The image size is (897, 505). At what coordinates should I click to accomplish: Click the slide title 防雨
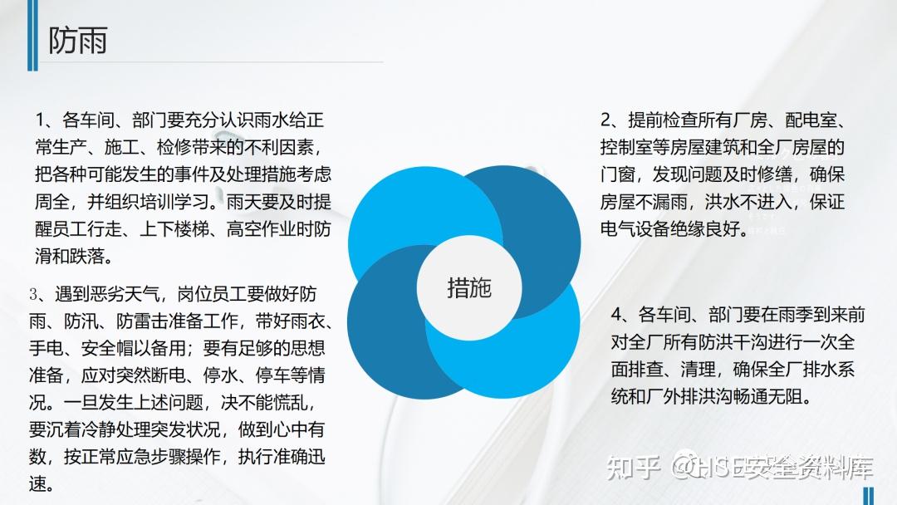78,40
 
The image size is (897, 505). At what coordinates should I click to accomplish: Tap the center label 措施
469,287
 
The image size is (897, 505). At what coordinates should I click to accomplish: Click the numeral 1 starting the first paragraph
40,120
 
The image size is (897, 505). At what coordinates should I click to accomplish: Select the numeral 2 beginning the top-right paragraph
605,120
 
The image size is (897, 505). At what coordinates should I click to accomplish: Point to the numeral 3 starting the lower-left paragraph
34,295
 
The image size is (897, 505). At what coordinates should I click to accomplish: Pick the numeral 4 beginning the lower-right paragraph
616,315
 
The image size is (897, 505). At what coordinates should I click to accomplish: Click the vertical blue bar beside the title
32,36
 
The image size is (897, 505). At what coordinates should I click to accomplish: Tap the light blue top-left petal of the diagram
412,212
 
